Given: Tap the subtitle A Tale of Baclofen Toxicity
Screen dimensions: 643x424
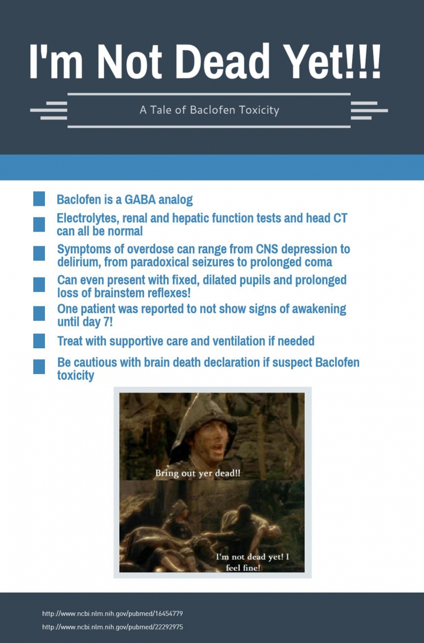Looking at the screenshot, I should [209, 110].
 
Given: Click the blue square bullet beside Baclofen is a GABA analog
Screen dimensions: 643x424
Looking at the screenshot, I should [39, 199].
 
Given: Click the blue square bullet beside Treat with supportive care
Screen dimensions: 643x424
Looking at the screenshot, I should [39, 341].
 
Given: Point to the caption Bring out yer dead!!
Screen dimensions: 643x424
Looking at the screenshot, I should [198, 474].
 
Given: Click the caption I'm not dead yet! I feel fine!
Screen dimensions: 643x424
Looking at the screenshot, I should [253, 562].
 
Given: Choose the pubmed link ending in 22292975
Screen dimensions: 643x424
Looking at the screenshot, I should [112, 626].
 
